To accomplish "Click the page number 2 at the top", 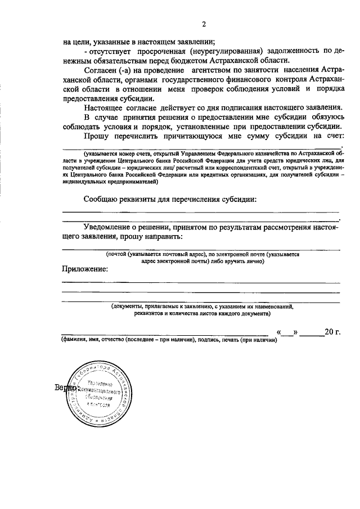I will (x=204, y=23).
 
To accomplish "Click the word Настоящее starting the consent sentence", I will (x=106, y=107).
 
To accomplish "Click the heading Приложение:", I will (x=85, y=269).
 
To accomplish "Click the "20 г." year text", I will (x=333, y=332).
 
